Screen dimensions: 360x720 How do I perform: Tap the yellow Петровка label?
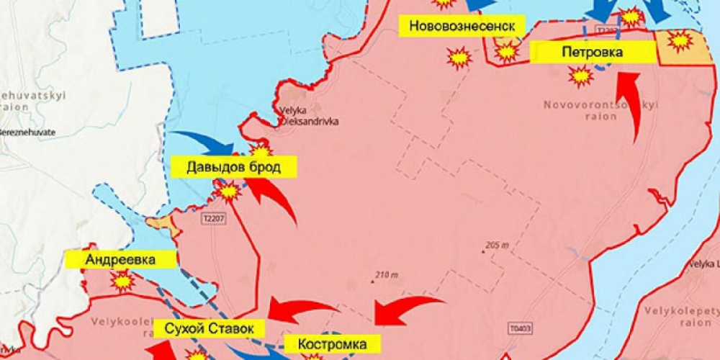593,52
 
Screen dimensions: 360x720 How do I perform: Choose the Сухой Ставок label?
209,329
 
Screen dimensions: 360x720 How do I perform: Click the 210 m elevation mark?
383,274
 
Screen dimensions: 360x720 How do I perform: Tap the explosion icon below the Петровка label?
580,75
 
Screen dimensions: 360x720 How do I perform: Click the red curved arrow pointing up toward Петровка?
632,104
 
